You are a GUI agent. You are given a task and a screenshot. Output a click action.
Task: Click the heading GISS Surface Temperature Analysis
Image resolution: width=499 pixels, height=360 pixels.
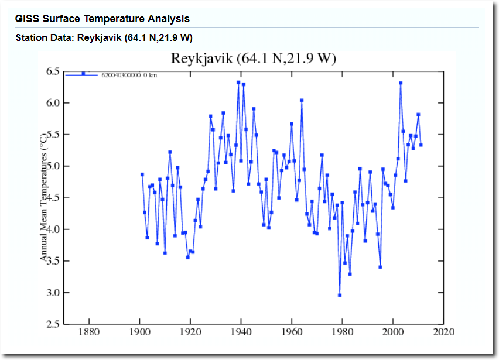point(102,19)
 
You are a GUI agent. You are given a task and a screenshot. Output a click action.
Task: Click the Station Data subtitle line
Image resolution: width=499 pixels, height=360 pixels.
point(104,38)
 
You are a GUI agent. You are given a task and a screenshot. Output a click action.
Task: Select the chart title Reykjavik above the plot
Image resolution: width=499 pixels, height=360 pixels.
point(253,59)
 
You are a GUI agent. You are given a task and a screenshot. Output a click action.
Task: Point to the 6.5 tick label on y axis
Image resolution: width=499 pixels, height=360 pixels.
point(53,71)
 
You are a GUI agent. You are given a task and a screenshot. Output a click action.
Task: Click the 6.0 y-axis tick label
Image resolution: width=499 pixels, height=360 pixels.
point(53,103)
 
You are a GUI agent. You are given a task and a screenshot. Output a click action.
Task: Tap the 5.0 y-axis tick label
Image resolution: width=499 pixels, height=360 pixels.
point(53,166)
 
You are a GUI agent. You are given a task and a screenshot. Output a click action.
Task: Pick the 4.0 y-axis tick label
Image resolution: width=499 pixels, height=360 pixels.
point(53,229)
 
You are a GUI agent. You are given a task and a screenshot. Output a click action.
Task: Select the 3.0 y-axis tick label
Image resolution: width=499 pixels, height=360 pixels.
point(53,293)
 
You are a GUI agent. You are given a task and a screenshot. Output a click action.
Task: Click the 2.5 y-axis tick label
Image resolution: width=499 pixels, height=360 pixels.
point(53,324)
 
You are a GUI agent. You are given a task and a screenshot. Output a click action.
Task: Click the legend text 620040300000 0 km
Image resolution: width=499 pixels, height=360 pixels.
point(129,75)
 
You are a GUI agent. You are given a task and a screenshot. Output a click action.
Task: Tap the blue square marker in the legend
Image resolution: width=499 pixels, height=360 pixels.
point(83,74)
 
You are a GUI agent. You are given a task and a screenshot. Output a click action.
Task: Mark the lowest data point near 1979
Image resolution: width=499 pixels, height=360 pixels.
point(340,295)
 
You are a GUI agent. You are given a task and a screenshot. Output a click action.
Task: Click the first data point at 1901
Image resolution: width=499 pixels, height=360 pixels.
point(142,174)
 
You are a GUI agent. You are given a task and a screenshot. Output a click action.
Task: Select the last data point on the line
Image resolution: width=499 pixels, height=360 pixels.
point(421,145)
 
